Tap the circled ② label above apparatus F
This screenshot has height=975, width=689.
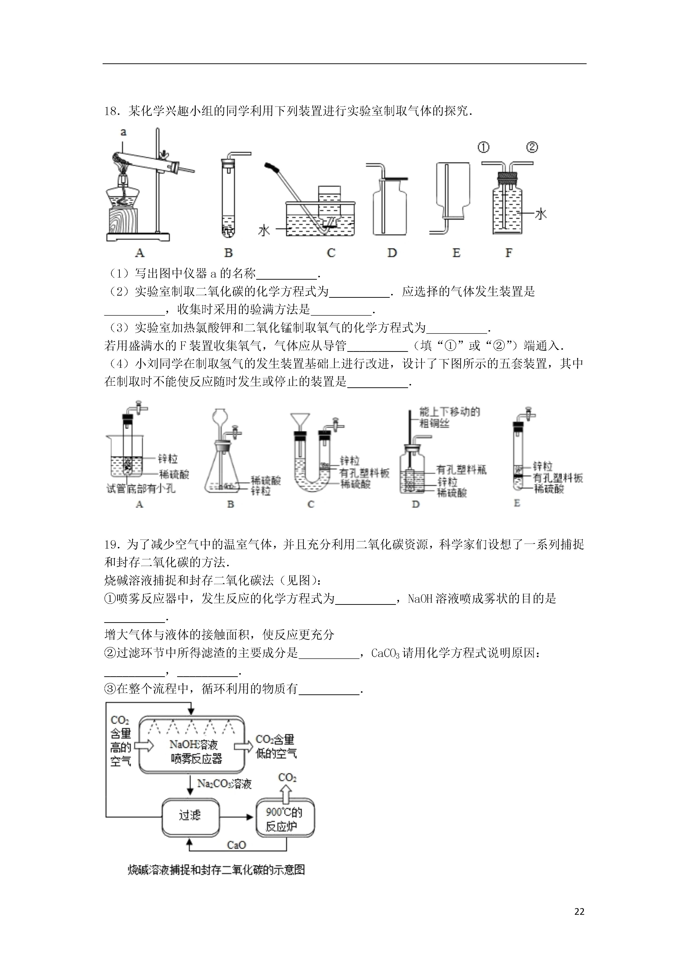click(532, 147)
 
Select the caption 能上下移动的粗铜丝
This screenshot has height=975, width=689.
click(449, 417)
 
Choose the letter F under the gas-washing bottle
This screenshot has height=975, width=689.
click(509, 253)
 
